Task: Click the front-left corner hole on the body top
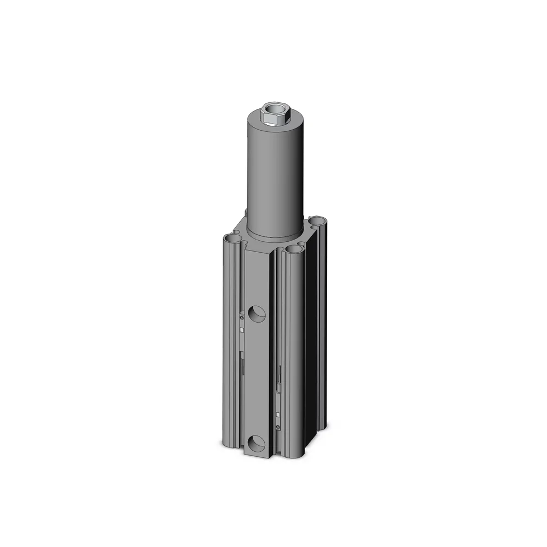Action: tap(232, 239)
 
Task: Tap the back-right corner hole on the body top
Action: tap(316, 222)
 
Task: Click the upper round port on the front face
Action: tap(257, 314)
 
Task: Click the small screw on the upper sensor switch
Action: tap(242, 316)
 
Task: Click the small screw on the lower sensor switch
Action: tap(279, 427)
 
